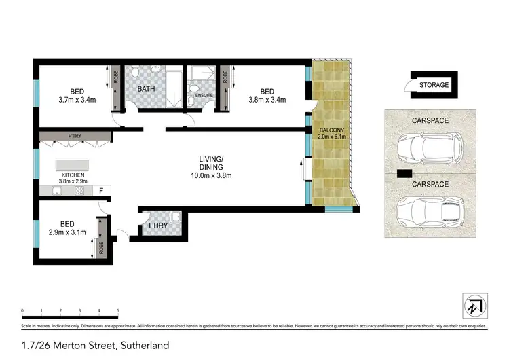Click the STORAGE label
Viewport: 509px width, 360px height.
[x=434, y=85]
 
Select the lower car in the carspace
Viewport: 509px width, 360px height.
[x=429, y=210]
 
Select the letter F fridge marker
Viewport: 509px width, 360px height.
[x=100, y=191]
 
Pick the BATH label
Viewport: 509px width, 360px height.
[x=147, y=89]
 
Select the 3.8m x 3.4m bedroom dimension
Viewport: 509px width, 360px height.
[x=267, y=100]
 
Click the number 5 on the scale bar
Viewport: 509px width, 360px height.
[x=118, y=310]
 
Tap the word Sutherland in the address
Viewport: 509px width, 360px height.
[x=142, y=345]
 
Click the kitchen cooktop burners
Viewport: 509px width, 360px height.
[x=79, y=191]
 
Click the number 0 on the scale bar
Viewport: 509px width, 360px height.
[x=22, y=310]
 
